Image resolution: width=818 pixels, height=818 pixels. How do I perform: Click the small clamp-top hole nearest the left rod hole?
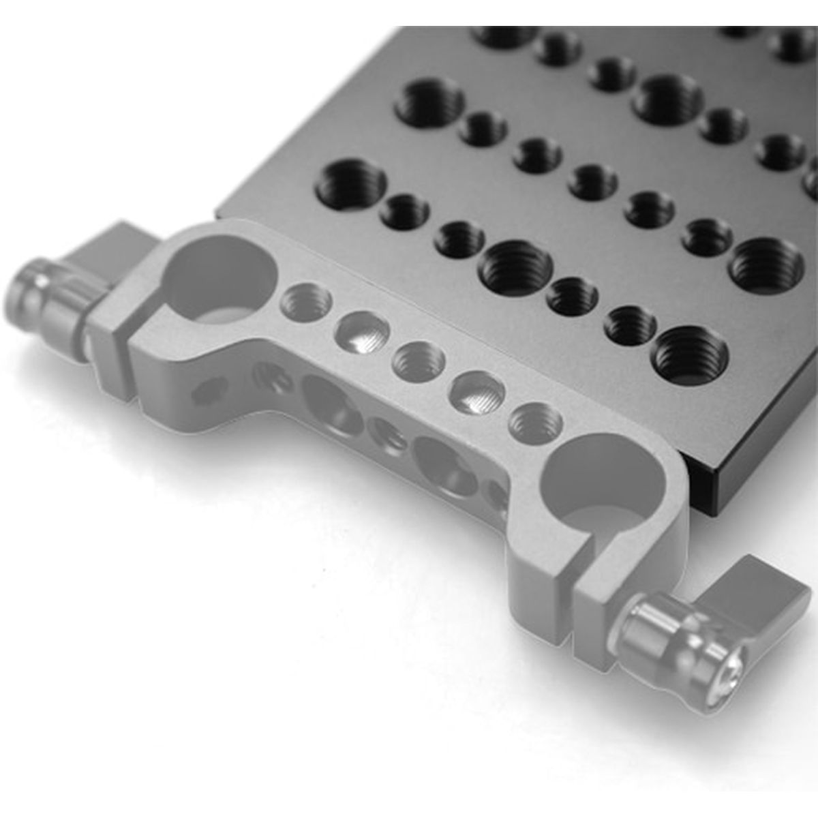tap(306, 301)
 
